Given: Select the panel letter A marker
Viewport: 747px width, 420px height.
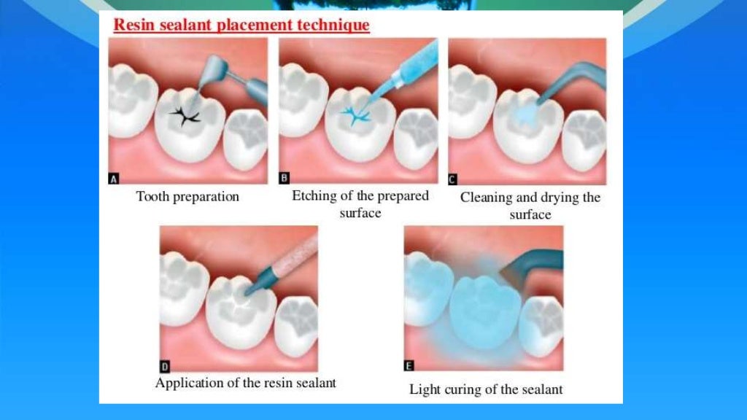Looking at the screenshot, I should coord(114,180).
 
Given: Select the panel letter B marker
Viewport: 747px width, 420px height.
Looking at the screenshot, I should coord(285,179).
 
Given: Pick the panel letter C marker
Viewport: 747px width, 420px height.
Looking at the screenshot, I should coord(452,179).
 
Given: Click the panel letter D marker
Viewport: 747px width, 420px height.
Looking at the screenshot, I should coord(165,367).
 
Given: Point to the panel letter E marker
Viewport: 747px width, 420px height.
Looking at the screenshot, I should coord(409,365).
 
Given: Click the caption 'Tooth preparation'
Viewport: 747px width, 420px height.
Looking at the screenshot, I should coord(187,197).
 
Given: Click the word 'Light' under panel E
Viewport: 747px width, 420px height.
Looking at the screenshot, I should coord(425,389).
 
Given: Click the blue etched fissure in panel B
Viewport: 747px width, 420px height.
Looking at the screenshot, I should coord(356,115).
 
